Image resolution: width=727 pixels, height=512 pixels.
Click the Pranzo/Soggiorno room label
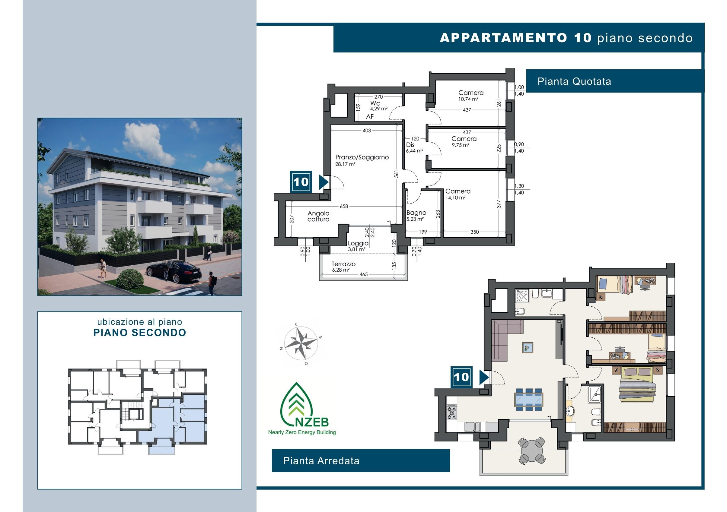click(x=362, y=157)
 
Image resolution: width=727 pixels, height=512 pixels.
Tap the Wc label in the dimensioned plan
click(x=375, y=103)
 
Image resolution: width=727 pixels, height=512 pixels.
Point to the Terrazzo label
click(x=343, y=264)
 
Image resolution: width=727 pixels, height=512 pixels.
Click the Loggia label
click(x=358, y=243)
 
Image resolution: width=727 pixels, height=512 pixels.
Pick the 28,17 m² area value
click(x=345, y=164)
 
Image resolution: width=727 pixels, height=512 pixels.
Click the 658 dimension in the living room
click(x=344, y=206)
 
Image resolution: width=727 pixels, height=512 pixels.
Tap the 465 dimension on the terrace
click(x=363, y=274)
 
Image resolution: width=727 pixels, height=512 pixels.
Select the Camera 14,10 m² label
click(x=458, y=194)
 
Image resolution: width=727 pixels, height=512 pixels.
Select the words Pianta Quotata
click(x=574, y=81)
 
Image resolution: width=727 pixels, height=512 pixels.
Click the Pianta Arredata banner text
click(x=321, y=461)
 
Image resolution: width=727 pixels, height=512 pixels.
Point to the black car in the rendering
click(x=174, y=271)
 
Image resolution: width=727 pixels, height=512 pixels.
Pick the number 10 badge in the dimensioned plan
click(x=301, y=182)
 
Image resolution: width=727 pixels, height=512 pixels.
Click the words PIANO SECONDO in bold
click(x=140, y=333)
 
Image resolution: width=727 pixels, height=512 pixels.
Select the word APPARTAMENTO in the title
click(x=503, y=38)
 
